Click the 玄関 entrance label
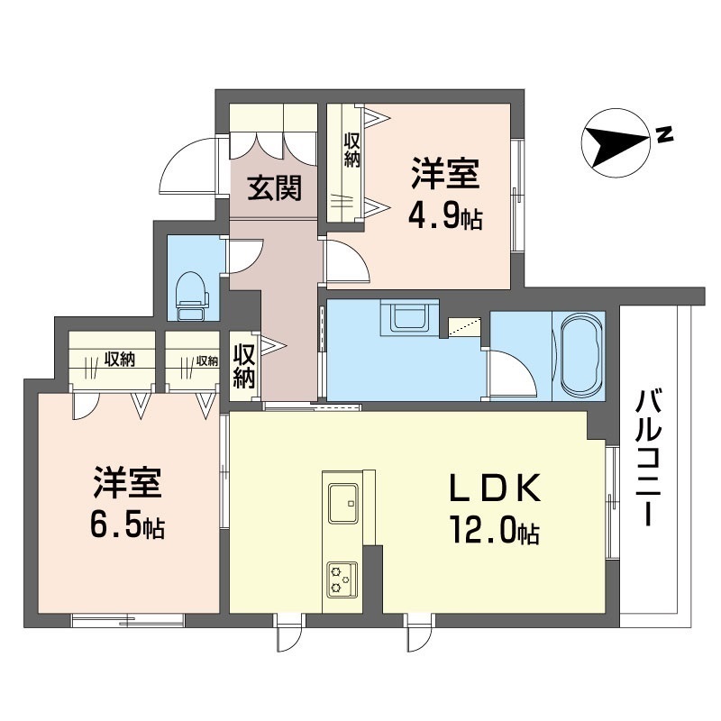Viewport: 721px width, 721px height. coord(275,188)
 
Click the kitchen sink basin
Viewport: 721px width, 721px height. coord(343,503)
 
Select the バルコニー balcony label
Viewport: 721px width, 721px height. coord(648,457)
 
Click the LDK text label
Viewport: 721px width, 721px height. coord(494,488)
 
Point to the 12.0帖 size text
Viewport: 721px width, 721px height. coord(495,531)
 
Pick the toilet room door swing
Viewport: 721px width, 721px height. coord(243,255)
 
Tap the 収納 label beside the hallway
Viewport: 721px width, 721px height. coord(243,367)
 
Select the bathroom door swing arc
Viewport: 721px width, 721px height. coord(512,373)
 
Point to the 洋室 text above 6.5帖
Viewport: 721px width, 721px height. coord(127,483)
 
